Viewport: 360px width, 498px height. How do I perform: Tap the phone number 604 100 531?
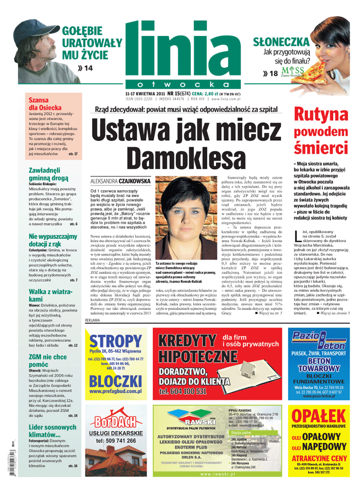(x=190, y=391)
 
